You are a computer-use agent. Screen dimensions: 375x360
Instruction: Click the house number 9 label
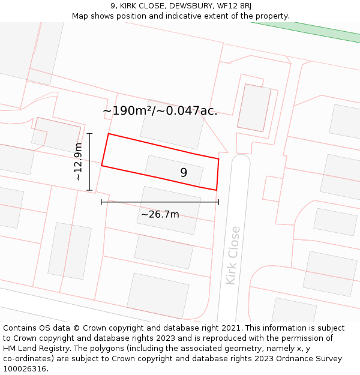tap(184, 173)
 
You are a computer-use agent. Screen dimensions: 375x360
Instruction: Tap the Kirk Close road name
tap(232, 255)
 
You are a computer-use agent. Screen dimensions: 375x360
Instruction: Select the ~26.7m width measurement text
tap(160, 214)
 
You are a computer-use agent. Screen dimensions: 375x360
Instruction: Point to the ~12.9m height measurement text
tap(78, 161)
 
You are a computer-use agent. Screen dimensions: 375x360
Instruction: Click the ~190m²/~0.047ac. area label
tap(160, 111)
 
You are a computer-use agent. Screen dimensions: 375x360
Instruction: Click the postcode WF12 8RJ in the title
tap(230, 6)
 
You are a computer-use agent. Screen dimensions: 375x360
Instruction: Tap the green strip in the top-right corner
tap(312, 29)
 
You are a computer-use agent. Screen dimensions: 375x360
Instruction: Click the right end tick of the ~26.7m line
tap(218, 202)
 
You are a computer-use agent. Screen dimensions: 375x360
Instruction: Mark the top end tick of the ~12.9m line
tap(89, 133)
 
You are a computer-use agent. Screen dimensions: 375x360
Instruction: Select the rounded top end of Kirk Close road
tap(241, 161)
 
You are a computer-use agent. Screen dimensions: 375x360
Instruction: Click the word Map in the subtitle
tap(81, 16)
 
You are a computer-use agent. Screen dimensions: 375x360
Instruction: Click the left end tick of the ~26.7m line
tap(101, 202)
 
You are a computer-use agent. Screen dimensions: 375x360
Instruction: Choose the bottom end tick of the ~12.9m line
tap(89, 190)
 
